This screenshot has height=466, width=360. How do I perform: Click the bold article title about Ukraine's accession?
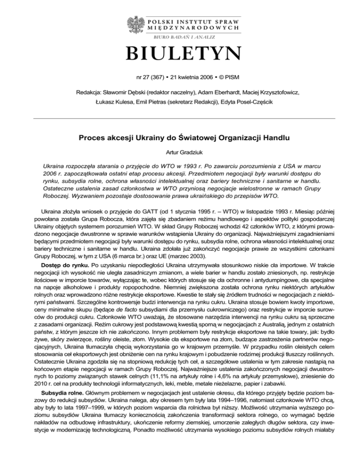click(180, 138)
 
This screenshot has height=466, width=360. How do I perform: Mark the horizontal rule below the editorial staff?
click(180, 119)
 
